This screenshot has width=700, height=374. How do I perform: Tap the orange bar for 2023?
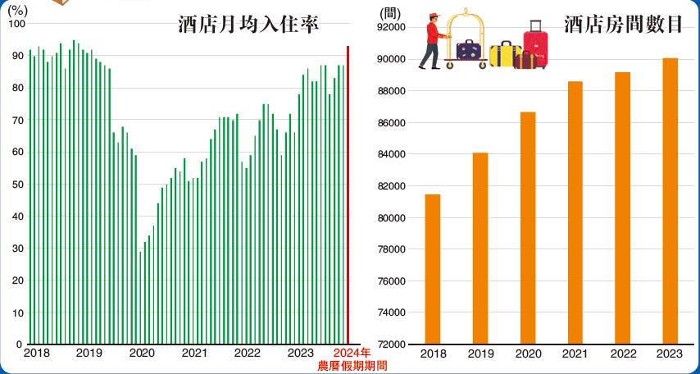pos(670,201)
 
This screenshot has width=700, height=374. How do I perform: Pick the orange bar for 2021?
pos(575,212)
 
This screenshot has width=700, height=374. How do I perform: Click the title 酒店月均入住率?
pos(248,25)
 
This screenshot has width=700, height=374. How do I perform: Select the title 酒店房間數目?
pos(624,25)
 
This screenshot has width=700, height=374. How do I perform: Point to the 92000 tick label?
pos(390,27)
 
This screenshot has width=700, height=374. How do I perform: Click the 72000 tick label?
pos(390,344)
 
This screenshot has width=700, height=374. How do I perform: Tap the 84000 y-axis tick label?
pos(390,154)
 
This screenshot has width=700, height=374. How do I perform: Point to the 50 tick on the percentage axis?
pos(17,185)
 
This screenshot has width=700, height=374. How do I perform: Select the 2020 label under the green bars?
pos(142,353)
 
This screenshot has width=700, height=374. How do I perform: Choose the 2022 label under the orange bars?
pos(623,353)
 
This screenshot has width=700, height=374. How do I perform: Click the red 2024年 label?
pos(352,353)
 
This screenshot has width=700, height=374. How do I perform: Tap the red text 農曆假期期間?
pos(352,366)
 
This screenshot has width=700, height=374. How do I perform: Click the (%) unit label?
pos(17,10)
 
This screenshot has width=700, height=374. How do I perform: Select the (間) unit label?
pos(391,14)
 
